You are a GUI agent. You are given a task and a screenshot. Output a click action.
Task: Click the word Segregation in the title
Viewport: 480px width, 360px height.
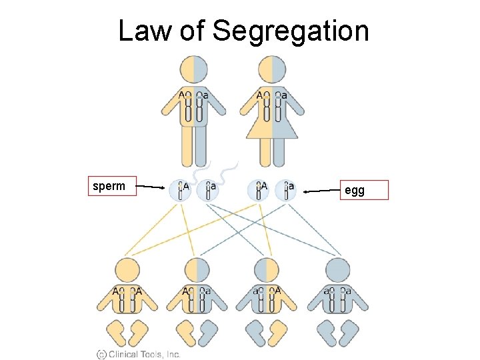[x=290, y=31]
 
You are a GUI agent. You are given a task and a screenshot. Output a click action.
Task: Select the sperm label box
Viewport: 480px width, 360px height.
[x=112, y=187]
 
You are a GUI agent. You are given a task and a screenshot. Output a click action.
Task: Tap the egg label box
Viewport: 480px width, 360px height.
[x=363, y=191]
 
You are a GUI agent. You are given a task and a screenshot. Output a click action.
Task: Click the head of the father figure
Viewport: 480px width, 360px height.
[x=194, y=69]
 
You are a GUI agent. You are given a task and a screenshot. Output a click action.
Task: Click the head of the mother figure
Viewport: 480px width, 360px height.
[x=272, y=69]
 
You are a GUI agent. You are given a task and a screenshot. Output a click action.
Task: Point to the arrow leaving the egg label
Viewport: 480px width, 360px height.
[x=321, y=192]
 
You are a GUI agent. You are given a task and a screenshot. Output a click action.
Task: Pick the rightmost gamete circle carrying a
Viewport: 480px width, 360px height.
[x=285, y=190]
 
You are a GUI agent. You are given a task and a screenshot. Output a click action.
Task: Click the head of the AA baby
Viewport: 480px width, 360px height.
[x=127, y=271]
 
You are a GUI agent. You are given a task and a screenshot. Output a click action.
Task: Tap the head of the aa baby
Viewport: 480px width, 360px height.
[x=337, y=271]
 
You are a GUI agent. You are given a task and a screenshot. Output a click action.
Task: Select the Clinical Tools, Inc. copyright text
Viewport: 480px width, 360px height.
[x=138, y=354]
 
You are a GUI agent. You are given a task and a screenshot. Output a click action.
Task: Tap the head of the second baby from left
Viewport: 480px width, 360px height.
[x=197, y=271]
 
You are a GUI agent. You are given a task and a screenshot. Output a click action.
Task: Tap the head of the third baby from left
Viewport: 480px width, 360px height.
[x=267, y=271]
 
